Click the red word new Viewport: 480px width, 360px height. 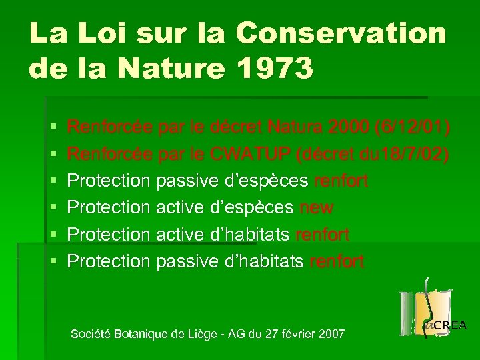tap(317, 208)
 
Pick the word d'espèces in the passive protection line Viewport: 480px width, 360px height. tap(265, 181)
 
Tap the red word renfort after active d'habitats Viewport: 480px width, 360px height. tap(322, 235)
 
